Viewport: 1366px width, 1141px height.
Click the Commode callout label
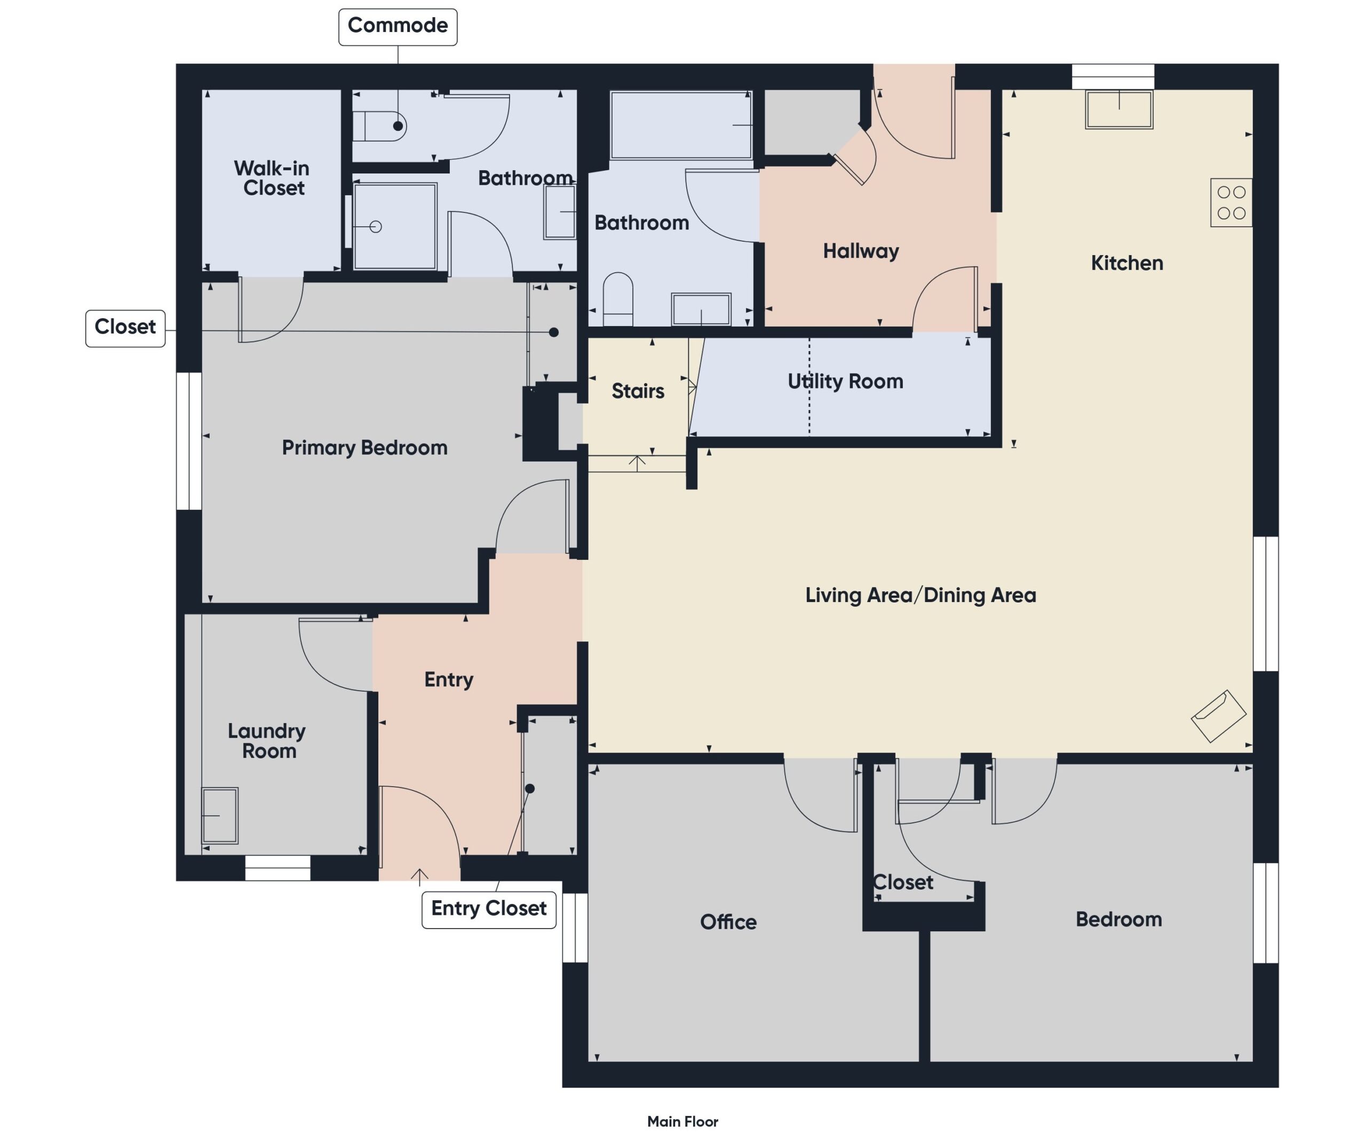[398, 27]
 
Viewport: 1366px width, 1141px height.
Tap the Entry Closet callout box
[489, 909]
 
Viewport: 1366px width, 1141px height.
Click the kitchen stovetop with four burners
[1230, 202]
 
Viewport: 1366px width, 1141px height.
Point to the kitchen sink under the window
[1119, 109]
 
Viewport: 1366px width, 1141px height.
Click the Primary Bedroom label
[364, 448]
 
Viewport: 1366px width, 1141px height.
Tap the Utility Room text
[845, 382]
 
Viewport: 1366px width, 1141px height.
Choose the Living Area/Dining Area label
[920, 595]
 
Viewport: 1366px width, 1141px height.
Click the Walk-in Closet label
[272, 178]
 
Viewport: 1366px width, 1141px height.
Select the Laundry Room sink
[219, 815]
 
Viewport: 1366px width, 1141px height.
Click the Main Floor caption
[682, 1121]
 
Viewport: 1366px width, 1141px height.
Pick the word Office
[728, 922]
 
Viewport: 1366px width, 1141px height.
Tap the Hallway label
[861, 251]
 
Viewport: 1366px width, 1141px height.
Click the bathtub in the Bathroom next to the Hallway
[681, 125]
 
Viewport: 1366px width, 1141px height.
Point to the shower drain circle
[375, 226]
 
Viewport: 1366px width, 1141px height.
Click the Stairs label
[638, 391]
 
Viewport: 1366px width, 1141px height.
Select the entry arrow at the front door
[419, 877]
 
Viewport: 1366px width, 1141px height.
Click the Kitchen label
[1126, 264]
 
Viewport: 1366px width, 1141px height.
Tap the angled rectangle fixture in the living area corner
[1218, 716]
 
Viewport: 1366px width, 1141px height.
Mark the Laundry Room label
[267, 741]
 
